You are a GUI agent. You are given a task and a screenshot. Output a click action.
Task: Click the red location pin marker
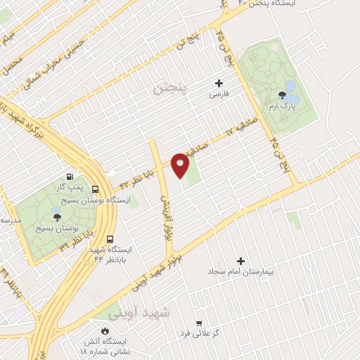click(181, 165)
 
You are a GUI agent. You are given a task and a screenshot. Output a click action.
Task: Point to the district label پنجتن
click(170, 89)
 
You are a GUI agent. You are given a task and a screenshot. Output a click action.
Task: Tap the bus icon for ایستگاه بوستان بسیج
click(95, 188)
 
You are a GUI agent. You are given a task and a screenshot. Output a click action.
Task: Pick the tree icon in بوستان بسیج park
click(57, 218)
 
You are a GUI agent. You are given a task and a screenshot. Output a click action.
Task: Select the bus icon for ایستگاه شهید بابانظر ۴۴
click(115, 238)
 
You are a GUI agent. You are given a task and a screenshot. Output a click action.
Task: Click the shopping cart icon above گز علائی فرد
click(199, 323)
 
